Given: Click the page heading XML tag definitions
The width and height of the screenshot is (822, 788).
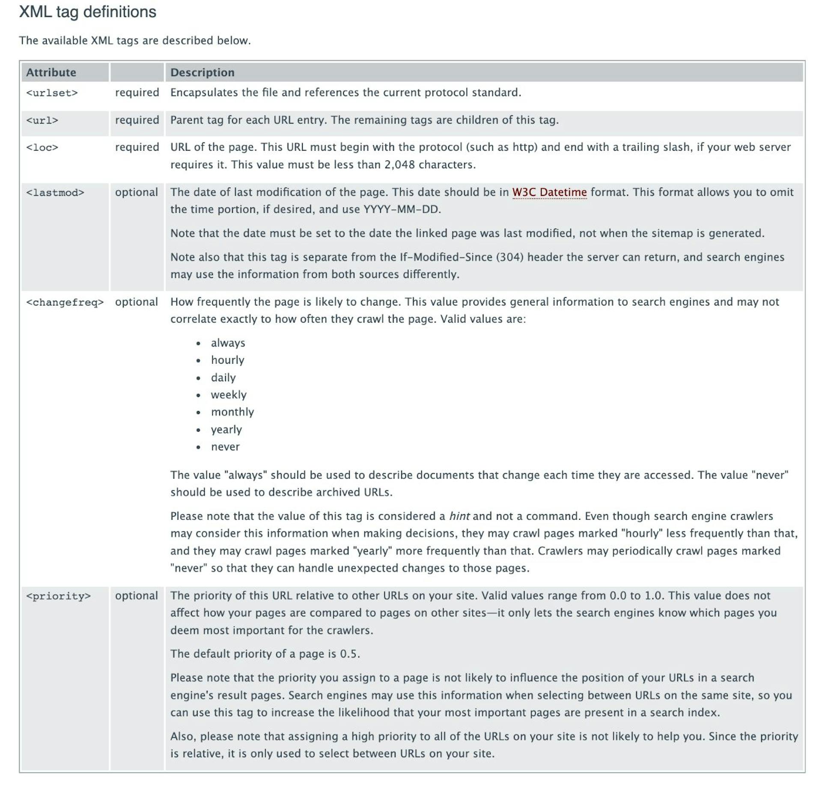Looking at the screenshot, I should click(87, 12).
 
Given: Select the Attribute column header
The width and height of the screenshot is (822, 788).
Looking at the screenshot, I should click(51, 72).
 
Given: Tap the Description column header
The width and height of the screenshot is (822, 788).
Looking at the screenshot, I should click(202, 72).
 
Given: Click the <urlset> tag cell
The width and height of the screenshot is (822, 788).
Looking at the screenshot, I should click(52, 93).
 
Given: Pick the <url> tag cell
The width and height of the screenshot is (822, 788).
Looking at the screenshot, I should click(42, 120).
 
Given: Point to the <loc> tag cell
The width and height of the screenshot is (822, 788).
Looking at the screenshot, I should click(42, 148).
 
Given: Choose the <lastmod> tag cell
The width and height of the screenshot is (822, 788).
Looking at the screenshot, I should click(55, 193).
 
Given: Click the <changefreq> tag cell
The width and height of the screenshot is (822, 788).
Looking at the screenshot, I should click(65, 302).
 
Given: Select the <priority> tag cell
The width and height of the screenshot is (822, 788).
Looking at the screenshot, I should click(58, 596).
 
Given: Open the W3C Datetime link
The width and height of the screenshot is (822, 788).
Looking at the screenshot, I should click(549, 192).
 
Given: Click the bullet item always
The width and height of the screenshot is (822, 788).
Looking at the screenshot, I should click(228, 343).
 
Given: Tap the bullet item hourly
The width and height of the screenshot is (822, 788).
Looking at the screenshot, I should click(227, 360).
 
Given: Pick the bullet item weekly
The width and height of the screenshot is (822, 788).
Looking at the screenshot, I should click(229, 395).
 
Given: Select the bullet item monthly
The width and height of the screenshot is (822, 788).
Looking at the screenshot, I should click(232, 412).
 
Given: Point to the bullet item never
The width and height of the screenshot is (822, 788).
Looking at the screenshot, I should click(225, 447).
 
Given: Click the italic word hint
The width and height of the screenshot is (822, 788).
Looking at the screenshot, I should click(459, 516).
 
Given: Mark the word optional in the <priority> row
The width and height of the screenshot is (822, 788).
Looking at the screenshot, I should click(136, 595).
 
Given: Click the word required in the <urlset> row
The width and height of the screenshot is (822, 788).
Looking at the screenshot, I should click(137, 92).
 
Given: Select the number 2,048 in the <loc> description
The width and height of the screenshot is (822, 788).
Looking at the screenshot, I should click(399, 165).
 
